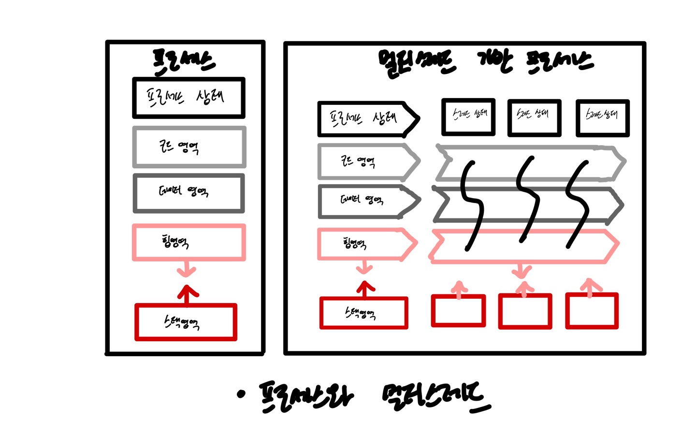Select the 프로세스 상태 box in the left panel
(x=188, y=98)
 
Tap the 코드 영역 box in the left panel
(x=189, y=147)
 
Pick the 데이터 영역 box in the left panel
(x=188, y=193)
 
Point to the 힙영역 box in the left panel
(x=188, y=242)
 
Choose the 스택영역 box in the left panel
(x=186, y=322)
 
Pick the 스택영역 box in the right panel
(x=363, y=313)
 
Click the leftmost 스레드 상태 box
(x=468, y=116)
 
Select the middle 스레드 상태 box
(x=534, y=117)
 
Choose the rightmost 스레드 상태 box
(x=602, y=117)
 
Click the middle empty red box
(x=525, y=312)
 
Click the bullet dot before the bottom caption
(x=241, y=394)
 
